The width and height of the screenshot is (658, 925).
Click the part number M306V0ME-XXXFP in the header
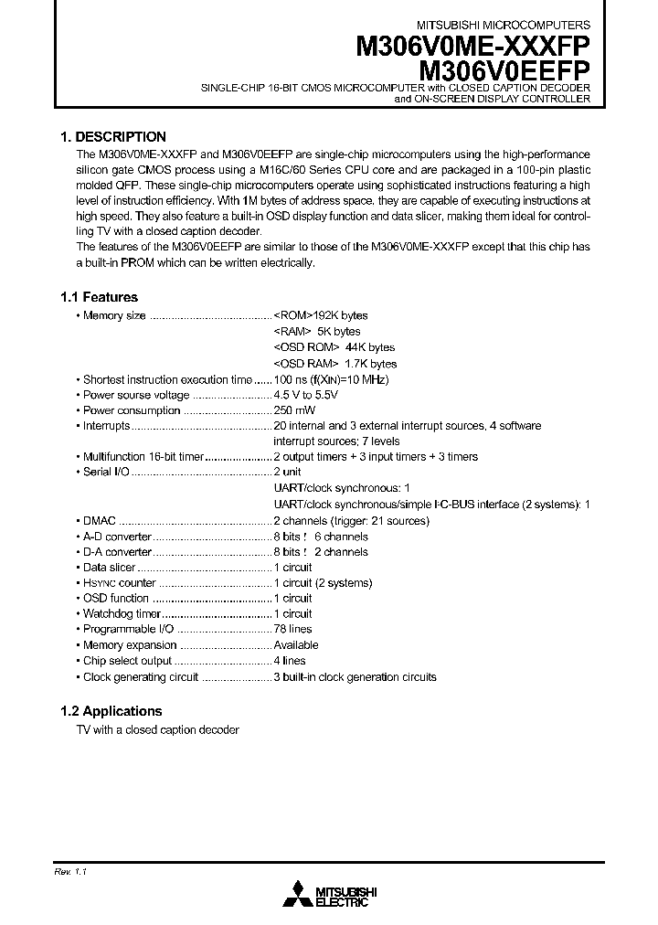coord(472,47)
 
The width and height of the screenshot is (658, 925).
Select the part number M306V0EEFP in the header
coord(504,69)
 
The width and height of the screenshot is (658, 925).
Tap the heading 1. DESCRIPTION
coord(112,136)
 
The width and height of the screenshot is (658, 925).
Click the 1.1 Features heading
coord(99,297)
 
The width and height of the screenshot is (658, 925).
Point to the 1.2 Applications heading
coord(111,711)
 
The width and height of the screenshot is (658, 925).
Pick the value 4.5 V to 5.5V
coord(306,395)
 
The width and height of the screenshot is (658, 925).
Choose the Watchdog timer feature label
coord(122,614)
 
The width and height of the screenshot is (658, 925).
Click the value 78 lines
coord(292,630)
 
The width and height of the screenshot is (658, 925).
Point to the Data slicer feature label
coord(109,568)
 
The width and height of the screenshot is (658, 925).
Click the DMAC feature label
coord(99,521)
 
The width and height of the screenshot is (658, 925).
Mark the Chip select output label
coord(127,661)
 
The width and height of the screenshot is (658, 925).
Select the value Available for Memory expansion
coord(296,645)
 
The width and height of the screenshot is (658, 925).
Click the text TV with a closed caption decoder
coord(157,730)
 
